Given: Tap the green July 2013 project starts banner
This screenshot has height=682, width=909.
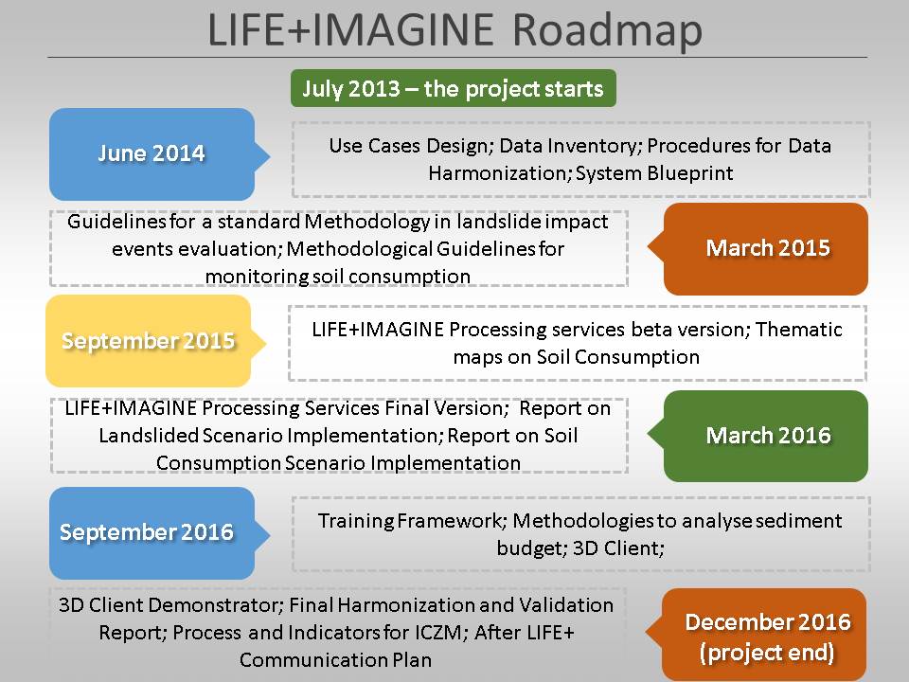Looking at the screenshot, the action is (454, 88).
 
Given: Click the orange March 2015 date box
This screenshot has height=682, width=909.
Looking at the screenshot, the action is (759, 248).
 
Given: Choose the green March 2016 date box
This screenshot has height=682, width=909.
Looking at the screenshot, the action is (759, 436).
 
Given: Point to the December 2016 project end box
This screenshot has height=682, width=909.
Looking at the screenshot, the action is (758, 636).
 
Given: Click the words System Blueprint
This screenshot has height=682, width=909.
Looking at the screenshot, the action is (654, 172).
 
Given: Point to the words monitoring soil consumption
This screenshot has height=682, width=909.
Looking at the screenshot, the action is (337, 277).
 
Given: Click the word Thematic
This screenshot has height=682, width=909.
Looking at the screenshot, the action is (799, 329).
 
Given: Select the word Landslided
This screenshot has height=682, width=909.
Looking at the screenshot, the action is (149, 435).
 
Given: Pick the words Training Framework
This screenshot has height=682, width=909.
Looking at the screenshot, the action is (412, 520).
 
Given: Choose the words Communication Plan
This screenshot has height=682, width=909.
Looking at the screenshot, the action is (335, 660).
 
